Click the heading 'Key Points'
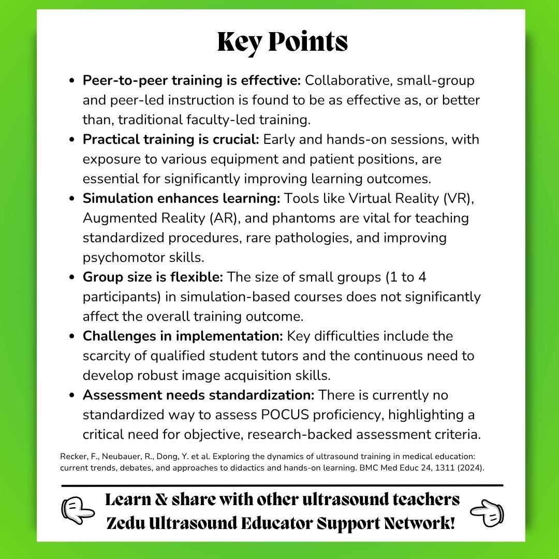pos(282,42)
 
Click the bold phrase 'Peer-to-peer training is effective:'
pos(192,81)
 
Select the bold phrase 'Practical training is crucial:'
pos(172,140)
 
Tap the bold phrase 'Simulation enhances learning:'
pos(181,199)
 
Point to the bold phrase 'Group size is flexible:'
pos(153,277)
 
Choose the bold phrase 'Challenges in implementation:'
pos(183,336)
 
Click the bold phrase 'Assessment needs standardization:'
pos(198,395)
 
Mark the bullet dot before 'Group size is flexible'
pos(72,277)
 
